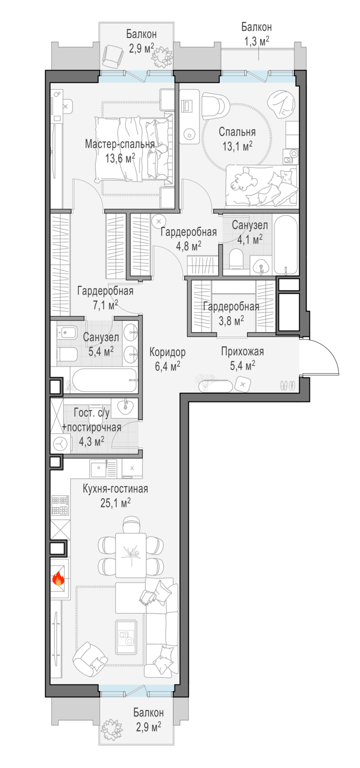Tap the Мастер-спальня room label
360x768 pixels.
120,144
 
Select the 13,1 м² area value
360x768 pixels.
238,146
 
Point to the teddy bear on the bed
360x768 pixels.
244,179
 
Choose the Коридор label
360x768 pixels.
167,352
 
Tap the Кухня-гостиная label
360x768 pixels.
115,489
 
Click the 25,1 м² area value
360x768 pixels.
116,503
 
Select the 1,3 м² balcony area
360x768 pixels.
257,41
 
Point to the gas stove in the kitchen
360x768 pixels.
60,505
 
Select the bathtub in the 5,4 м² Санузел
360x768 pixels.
105,380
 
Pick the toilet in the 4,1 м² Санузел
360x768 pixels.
236,259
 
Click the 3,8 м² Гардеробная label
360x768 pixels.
231,313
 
